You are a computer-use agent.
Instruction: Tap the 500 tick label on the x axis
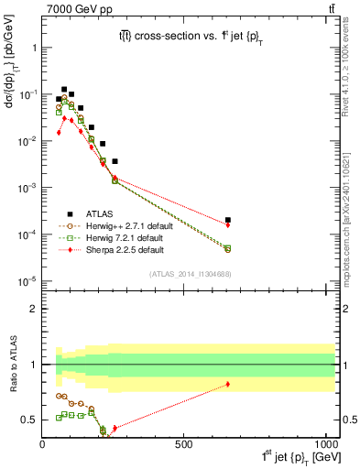184,443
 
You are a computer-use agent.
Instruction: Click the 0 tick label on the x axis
43,443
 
